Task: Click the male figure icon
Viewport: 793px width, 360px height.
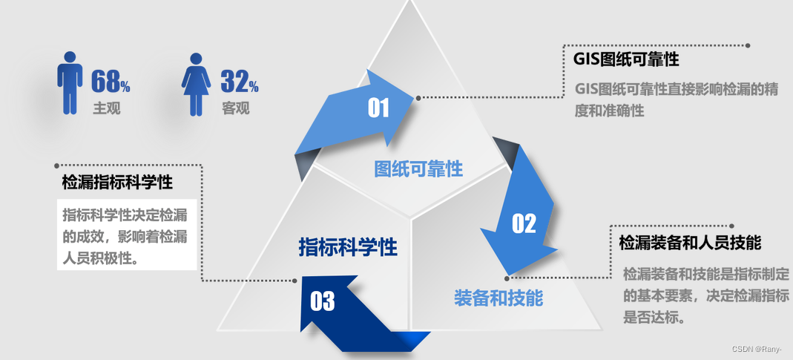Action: click(x=70, y=82)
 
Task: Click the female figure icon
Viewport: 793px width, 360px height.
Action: click(x=196, y=84)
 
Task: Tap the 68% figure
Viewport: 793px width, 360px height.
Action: click(x=110, y=81)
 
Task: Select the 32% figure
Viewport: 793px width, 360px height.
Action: click(x=239, y=81)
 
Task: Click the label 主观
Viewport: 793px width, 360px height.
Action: click(x=106, y=108)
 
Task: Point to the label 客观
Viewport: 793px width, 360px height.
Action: click(x=235, y=108)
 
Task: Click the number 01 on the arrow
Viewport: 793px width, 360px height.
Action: click(x=378, y=108)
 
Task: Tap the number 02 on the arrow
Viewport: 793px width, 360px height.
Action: click(x=524, y=223)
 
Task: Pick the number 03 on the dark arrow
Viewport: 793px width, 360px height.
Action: click(x=322, y=301)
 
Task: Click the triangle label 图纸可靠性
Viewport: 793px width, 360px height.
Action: click(x=418, y=169)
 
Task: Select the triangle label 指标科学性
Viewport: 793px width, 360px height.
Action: click(x=348, y=247)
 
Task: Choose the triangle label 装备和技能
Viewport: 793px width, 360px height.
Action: click(x=498, y=298)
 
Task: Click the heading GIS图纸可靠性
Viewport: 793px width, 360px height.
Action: click(x=626, y=59)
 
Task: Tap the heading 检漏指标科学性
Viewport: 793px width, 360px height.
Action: click(x=117, y=182)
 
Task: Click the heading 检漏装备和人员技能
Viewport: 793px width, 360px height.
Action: click(x=690, y=243)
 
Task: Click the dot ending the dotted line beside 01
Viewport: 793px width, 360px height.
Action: click(x=418, y=98)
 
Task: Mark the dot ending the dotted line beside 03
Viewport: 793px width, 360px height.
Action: click(x=295, y=281)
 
